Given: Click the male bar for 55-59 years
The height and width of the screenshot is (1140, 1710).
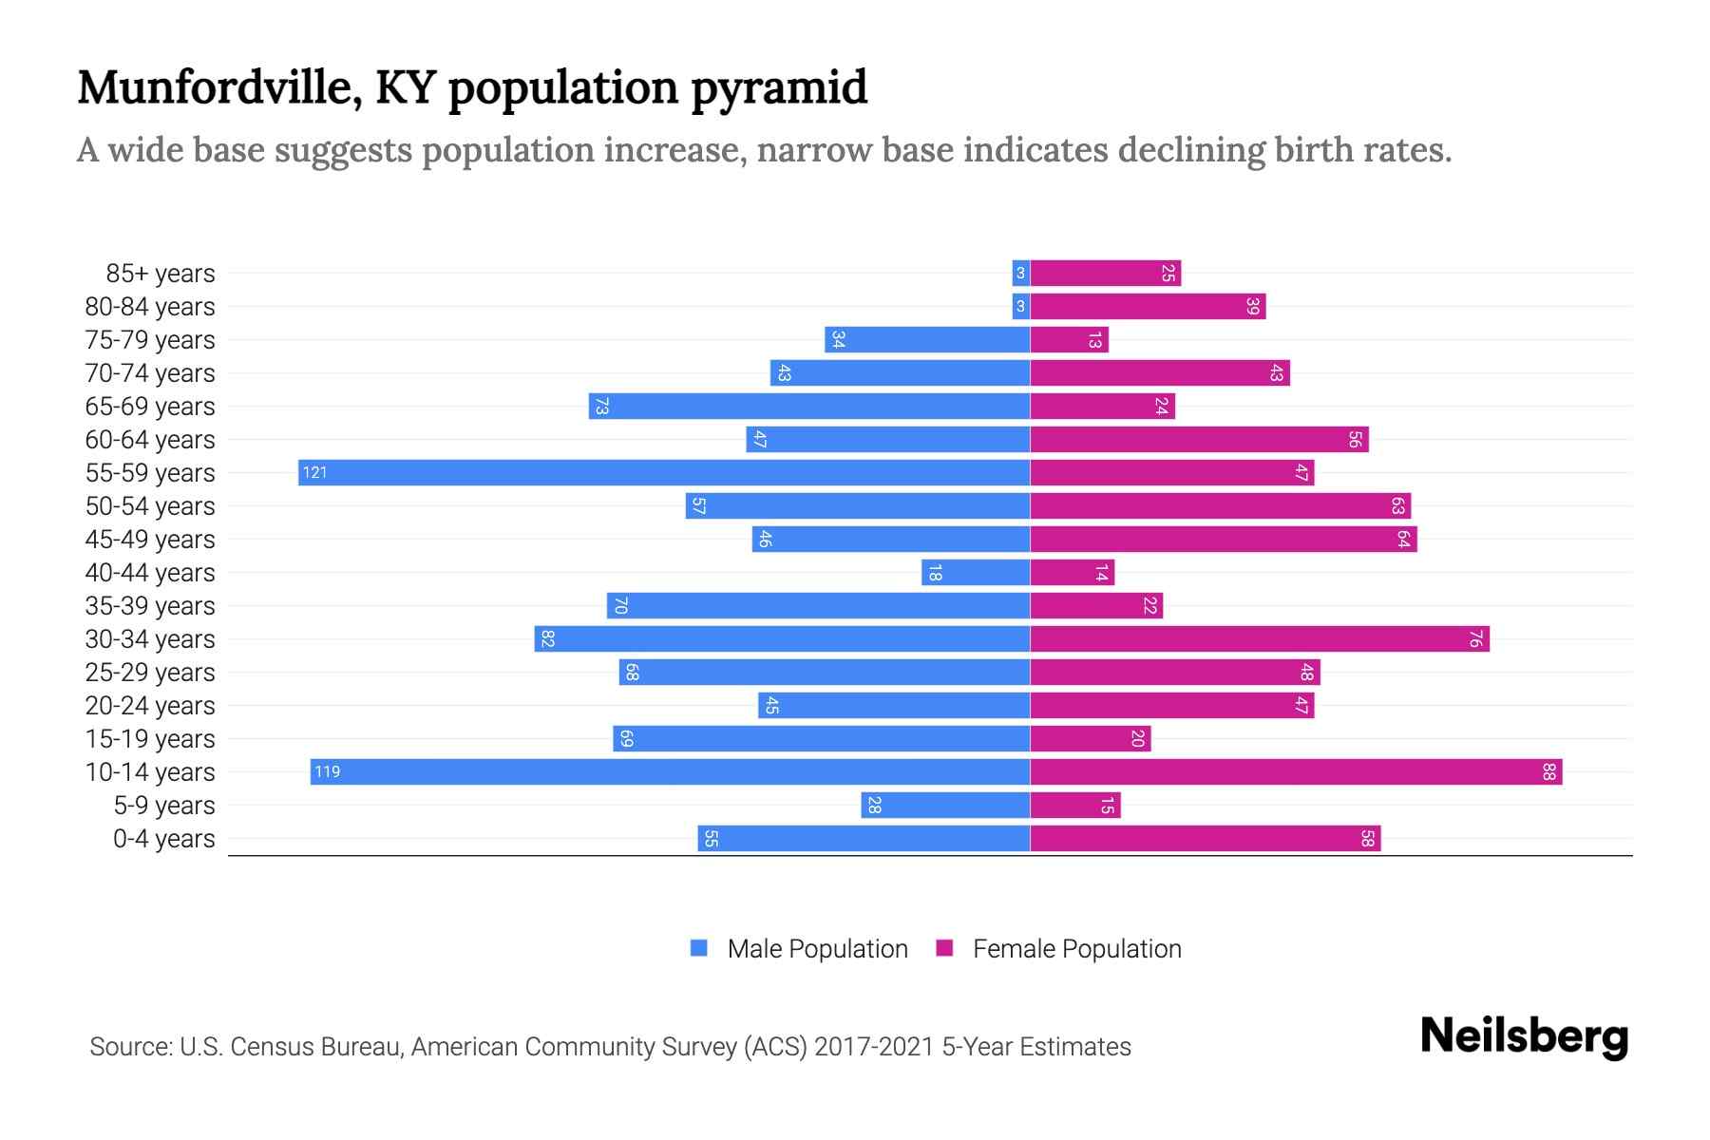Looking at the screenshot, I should (x=665, y=473).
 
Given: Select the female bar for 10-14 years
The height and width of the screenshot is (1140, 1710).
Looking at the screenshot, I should (x=1296, y=772).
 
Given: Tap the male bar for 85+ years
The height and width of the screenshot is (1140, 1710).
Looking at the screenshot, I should (x=1021, y=274).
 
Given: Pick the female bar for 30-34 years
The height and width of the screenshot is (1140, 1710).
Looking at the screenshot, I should (x=1260, y=639).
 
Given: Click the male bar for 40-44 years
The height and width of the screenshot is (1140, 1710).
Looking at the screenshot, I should (x=976, y=573).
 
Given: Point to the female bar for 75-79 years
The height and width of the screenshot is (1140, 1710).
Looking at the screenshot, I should (x=1070, y=340).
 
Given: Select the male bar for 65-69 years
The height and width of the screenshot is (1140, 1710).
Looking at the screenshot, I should (x=809, y=407).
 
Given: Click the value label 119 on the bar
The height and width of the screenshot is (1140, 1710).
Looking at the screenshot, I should (x=327, y=772).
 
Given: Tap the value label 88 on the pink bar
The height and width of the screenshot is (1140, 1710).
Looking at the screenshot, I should (x=1548, y=772).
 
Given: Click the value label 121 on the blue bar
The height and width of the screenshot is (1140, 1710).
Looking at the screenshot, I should (x=314, y=473).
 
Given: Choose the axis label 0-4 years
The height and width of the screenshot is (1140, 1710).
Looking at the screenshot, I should (x=163, y=839).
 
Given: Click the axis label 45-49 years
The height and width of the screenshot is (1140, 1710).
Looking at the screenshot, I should (x=150, y=540).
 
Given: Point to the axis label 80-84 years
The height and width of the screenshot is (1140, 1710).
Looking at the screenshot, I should (x=150, y=307).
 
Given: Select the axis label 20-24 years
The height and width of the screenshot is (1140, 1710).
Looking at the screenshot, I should (x=150, y=706).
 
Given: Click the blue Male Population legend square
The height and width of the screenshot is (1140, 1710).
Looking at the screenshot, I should (x=699, y=948).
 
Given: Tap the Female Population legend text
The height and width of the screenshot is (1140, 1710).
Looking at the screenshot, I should (x=1076, y=949).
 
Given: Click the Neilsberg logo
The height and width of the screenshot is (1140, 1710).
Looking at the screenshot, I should (x=1524, y=1036).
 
